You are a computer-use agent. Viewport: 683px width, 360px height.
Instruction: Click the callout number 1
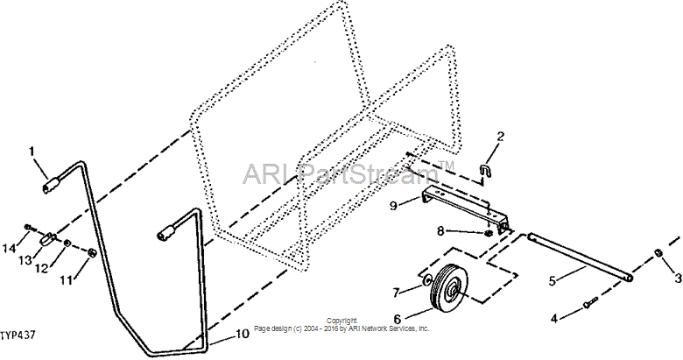(31, 152)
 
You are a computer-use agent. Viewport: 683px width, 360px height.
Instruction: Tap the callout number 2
(501, 136)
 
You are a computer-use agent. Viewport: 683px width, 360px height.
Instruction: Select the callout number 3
(678, 278)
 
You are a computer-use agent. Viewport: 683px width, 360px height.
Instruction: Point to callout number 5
(553, 281)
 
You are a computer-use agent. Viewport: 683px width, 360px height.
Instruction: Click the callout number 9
(393, 205)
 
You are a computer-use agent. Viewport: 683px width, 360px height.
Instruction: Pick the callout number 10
(243, 334)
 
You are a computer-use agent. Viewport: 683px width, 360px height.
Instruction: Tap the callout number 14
(9, 249)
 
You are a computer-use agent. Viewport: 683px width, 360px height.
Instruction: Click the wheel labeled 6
(449, 288)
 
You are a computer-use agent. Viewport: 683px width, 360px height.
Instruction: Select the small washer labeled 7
(427, 279)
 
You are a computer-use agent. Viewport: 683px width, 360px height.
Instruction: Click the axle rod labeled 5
(581, 258)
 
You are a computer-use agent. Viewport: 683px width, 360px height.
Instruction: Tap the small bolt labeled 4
(590, 300)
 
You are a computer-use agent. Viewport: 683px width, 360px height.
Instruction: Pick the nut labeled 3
(659, 254)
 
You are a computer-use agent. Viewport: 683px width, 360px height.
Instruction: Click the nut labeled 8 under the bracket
(489, 233)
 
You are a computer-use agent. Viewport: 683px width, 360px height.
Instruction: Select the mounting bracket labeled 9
(466, 207)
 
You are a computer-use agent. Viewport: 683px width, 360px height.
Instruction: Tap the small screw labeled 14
(29, 227)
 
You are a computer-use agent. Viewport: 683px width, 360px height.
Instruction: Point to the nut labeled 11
(91, 252)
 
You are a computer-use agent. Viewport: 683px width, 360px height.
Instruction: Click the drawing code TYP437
(18, 335)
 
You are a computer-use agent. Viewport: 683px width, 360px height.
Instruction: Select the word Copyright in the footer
(341, 321)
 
